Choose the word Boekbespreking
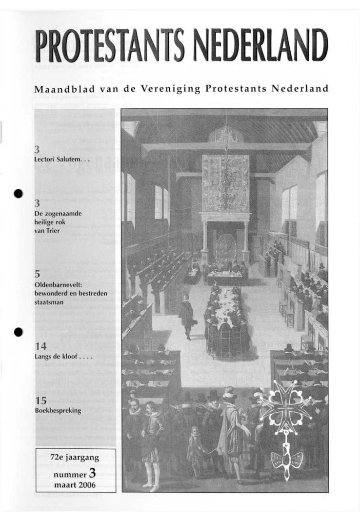point(58,411)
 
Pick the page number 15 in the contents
point(40,401)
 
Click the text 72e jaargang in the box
point(75,458)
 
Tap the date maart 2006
point(75,484)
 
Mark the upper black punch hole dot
point(19,193)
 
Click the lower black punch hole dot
point(19,332)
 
